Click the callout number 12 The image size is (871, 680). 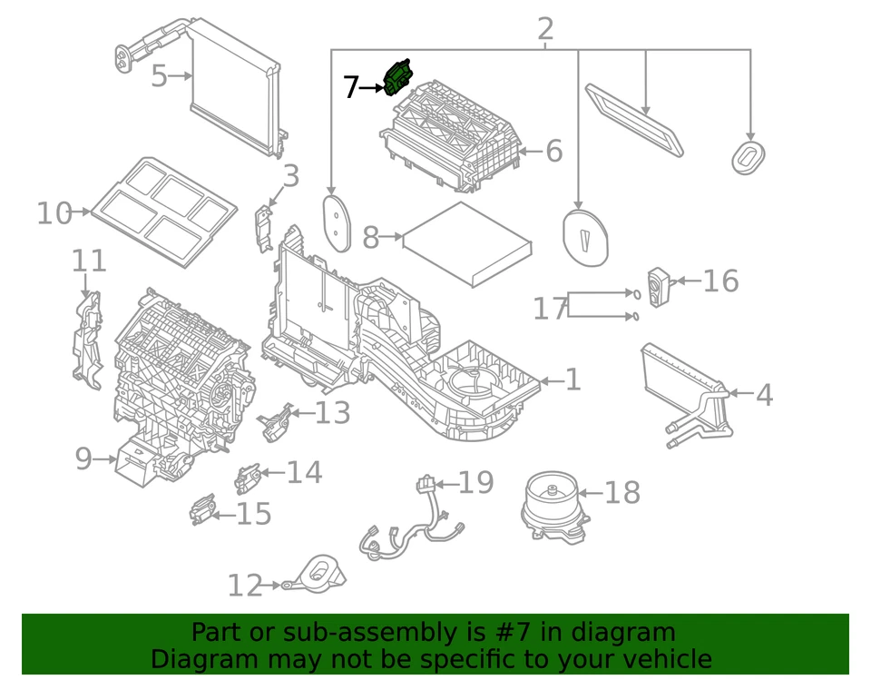pos(244,586)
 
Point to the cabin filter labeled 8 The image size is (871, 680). pos(467,243)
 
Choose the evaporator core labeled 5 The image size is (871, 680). pos(234,91)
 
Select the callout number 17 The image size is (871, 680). pos(550,309)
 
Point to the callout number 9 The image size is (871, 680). pos(83,459)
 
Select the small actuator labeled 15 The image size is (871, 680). pos(204,511)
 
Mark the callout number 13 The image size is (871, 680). pos(332,413)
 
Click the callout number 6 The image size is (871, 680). pos(553,151)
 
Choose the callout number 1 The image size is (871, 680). pos(573,379)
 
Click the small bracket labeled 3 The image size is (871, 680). pos(264,226)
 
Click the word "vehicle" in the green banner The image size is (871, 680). pos(661,658)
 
